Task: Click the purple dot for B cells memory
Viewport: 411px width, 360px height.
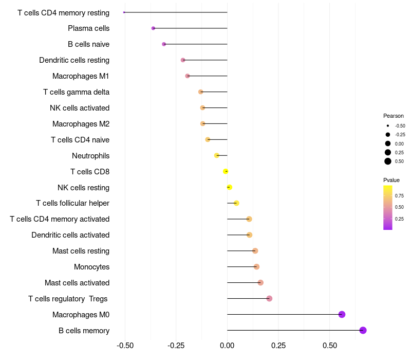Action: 363,330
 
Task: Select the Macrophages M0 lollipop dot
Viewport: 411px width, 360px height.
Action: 342,314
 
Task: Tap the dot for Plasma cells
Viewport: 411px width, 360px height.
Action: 153,28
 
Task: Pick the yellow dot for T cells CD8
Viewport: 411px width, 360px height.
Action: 226,171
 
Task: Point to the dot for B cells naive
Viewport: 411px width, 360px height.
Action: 164,44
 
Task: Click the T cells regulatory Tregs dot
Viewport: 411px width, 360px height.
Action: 269,298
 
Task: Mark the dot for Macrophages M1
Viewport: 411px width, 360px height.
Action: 188,76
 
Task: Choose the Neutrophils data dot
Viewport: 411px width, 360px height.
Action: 217,155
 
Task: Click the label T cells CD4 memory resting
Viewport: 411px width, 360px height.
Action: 63,12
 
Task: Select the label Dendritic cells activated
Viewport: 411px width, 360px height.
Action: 70,235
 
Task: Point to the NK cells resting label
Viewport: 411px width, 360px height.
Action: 83,187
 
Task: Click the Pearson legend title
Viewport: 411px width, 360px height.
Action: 394,116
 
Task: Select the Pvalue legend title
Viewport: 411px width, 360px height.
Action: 391,180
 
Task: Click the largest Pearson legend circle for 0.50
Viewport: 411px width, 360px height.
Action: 388,161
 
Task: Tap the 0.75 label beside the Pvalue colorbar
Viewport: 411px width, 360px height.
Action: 399,196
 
